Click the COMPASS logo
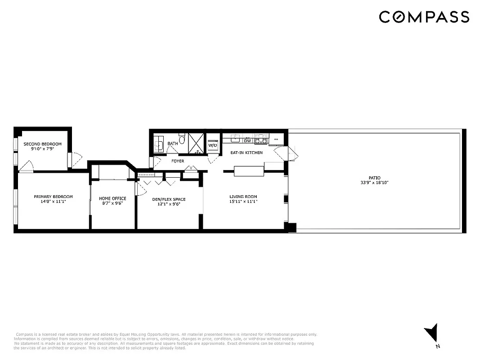point(424,17)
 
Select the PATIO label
point(374,178)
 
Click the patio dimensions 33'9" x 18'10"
point(374,183)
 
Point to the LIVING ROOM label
point(243,197)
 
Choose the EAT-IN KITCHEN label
point(247,153)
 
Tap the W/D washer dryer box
point(213,145)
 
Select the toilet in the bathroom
point(182,139)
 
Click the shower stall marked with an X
point(196,142)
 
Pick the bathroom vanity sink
point(159,144)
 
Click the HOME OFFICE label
point(112,198)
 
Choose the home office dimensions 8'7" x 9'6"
point(112,203)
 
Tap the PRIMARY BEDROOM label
point(53,197)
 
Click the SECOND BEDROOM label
point(42,144)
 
